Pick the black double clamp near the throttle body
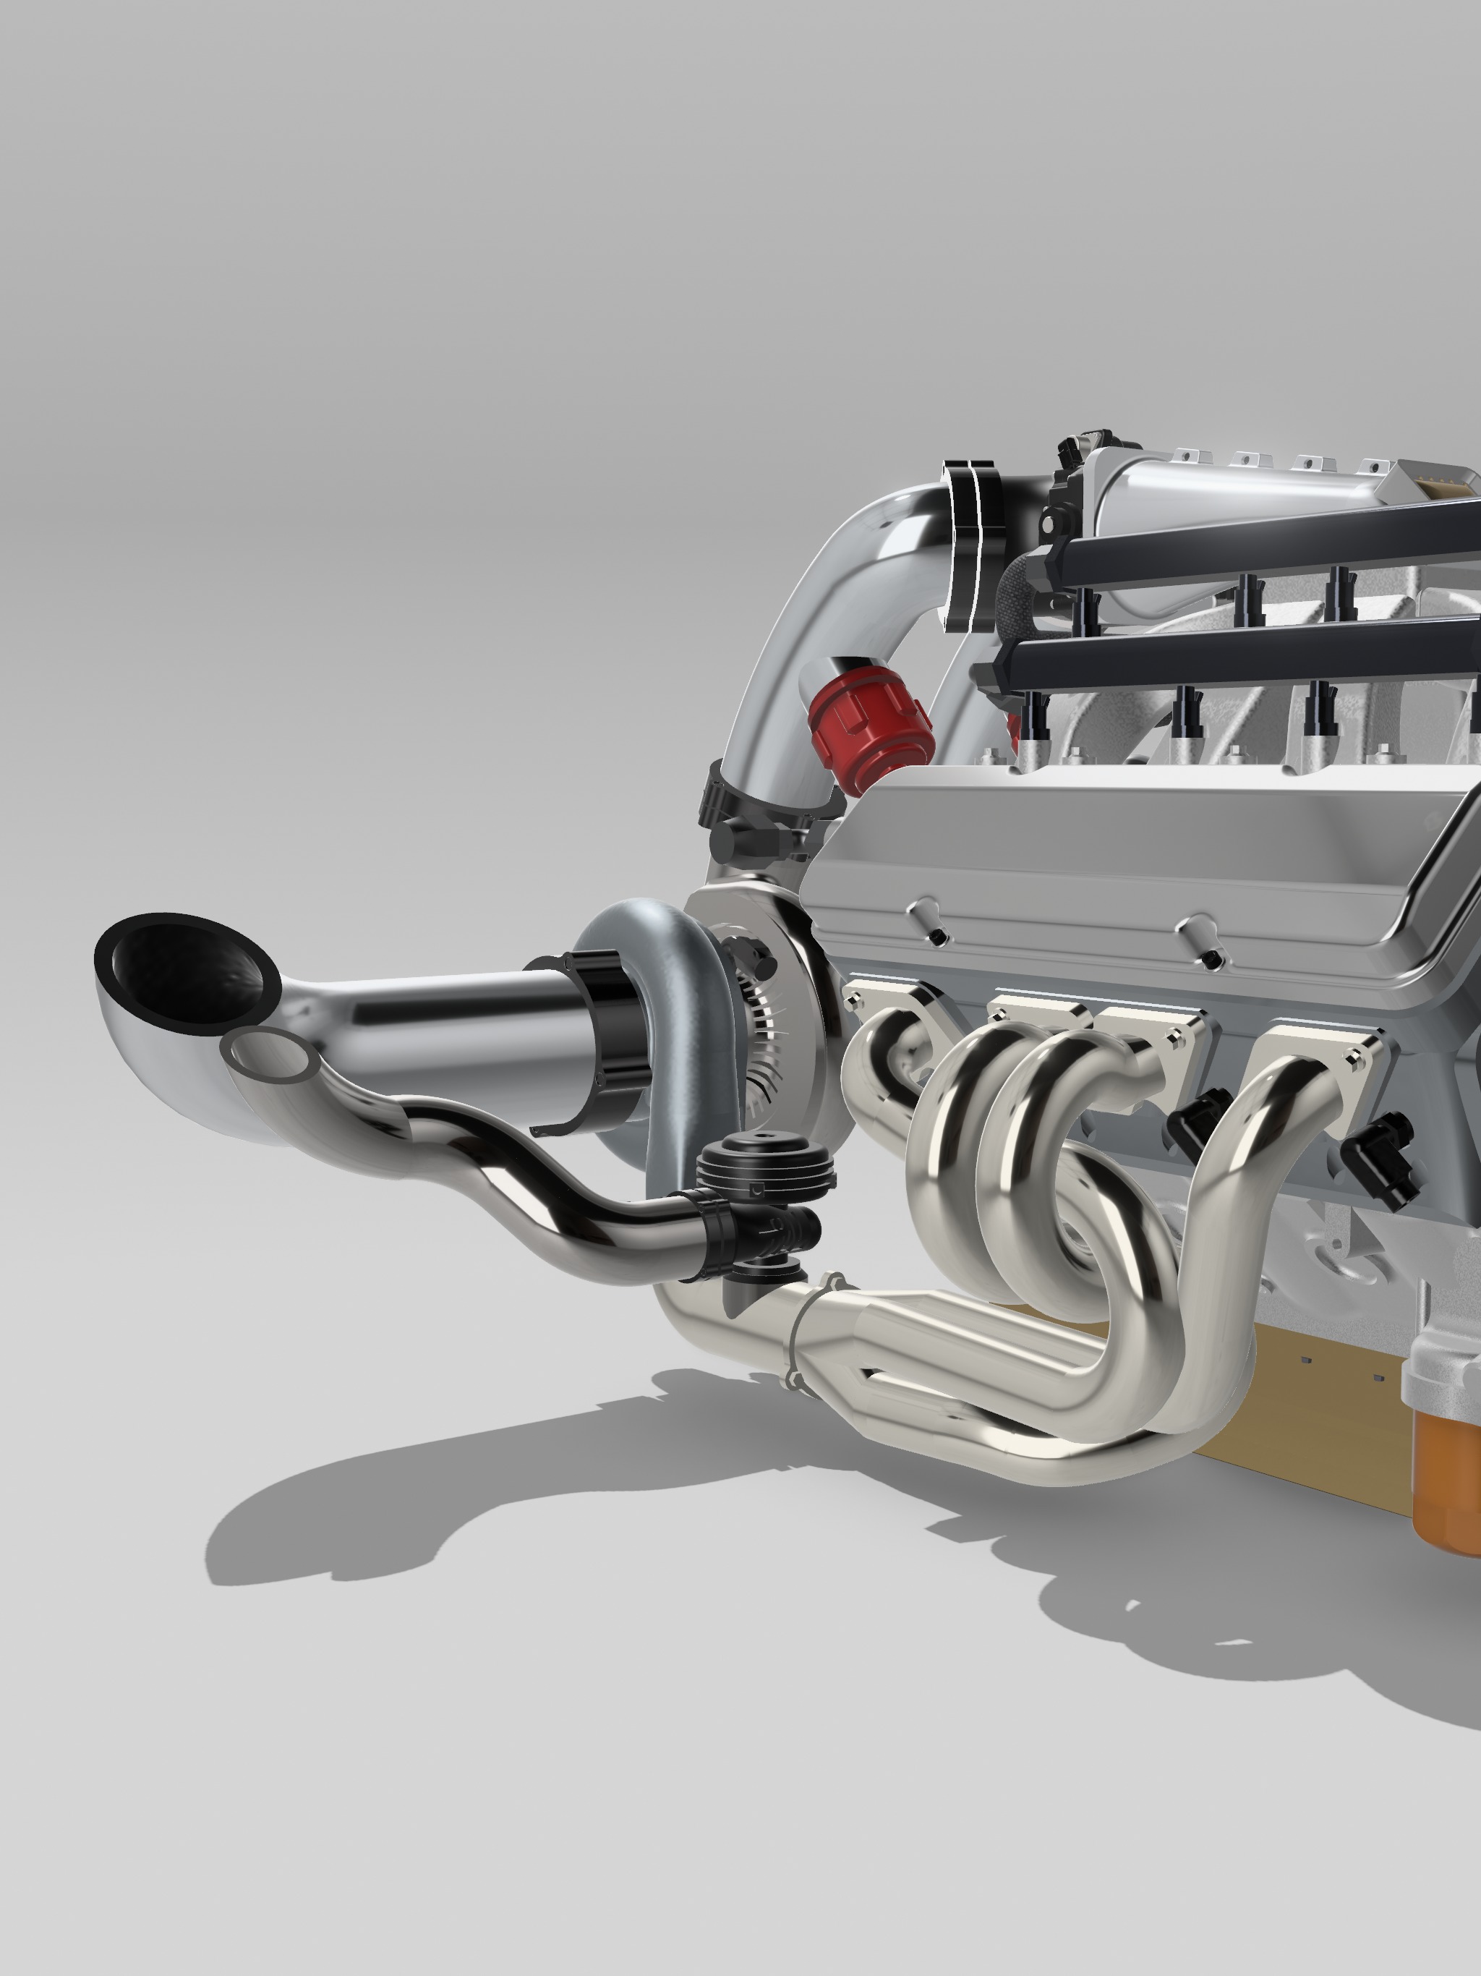(x=973, y=545)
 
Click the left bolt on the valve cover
(x=934, y=934)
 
